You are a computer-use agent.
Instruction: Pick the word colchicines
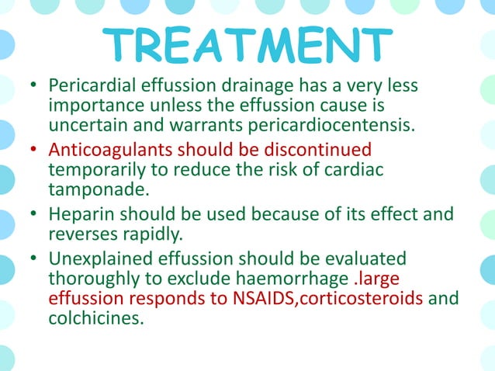click(96, 317)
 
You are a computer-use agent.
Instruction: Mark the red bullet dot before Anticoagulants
click(33, 149)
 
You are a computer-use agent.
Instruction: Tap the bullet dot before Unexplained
click(33, 257)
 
